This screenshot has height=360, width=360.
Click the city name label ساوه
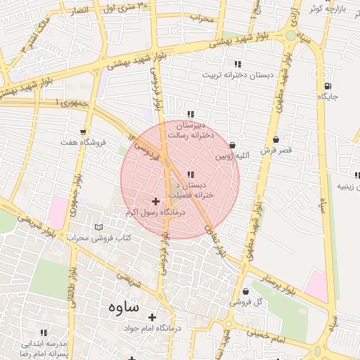coord(124,307)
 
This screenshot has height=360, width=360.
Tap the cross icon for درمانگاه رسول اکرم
coord(155,202)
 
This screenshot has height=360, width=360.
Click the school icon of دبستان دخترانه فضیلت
coord(191,174)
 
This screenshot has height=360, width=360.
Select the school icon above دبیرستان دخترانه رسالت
coord(190,114)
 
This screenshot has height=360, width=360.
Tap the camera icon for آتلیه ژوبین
coord(232,143)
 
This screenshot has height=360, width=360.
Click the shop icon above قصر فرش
coord(275,139)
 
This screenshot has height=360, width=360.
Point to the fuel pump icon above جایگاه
coord(327,85)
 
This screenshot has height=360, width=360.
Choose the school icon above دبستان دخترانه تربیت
coord(238,64)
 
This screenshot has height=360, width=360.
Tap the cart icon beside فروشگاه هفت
coord(84,131)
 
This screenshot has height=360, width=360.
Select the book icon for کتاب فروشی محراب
coord(98,228)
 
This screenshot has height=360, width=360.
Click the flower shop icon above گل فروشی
coord(255,290)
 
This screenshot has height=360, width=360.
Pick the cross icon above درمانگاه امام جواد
coord(151,317)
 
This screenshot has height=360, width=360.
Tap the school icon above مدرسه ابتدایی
coord(44,333)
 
